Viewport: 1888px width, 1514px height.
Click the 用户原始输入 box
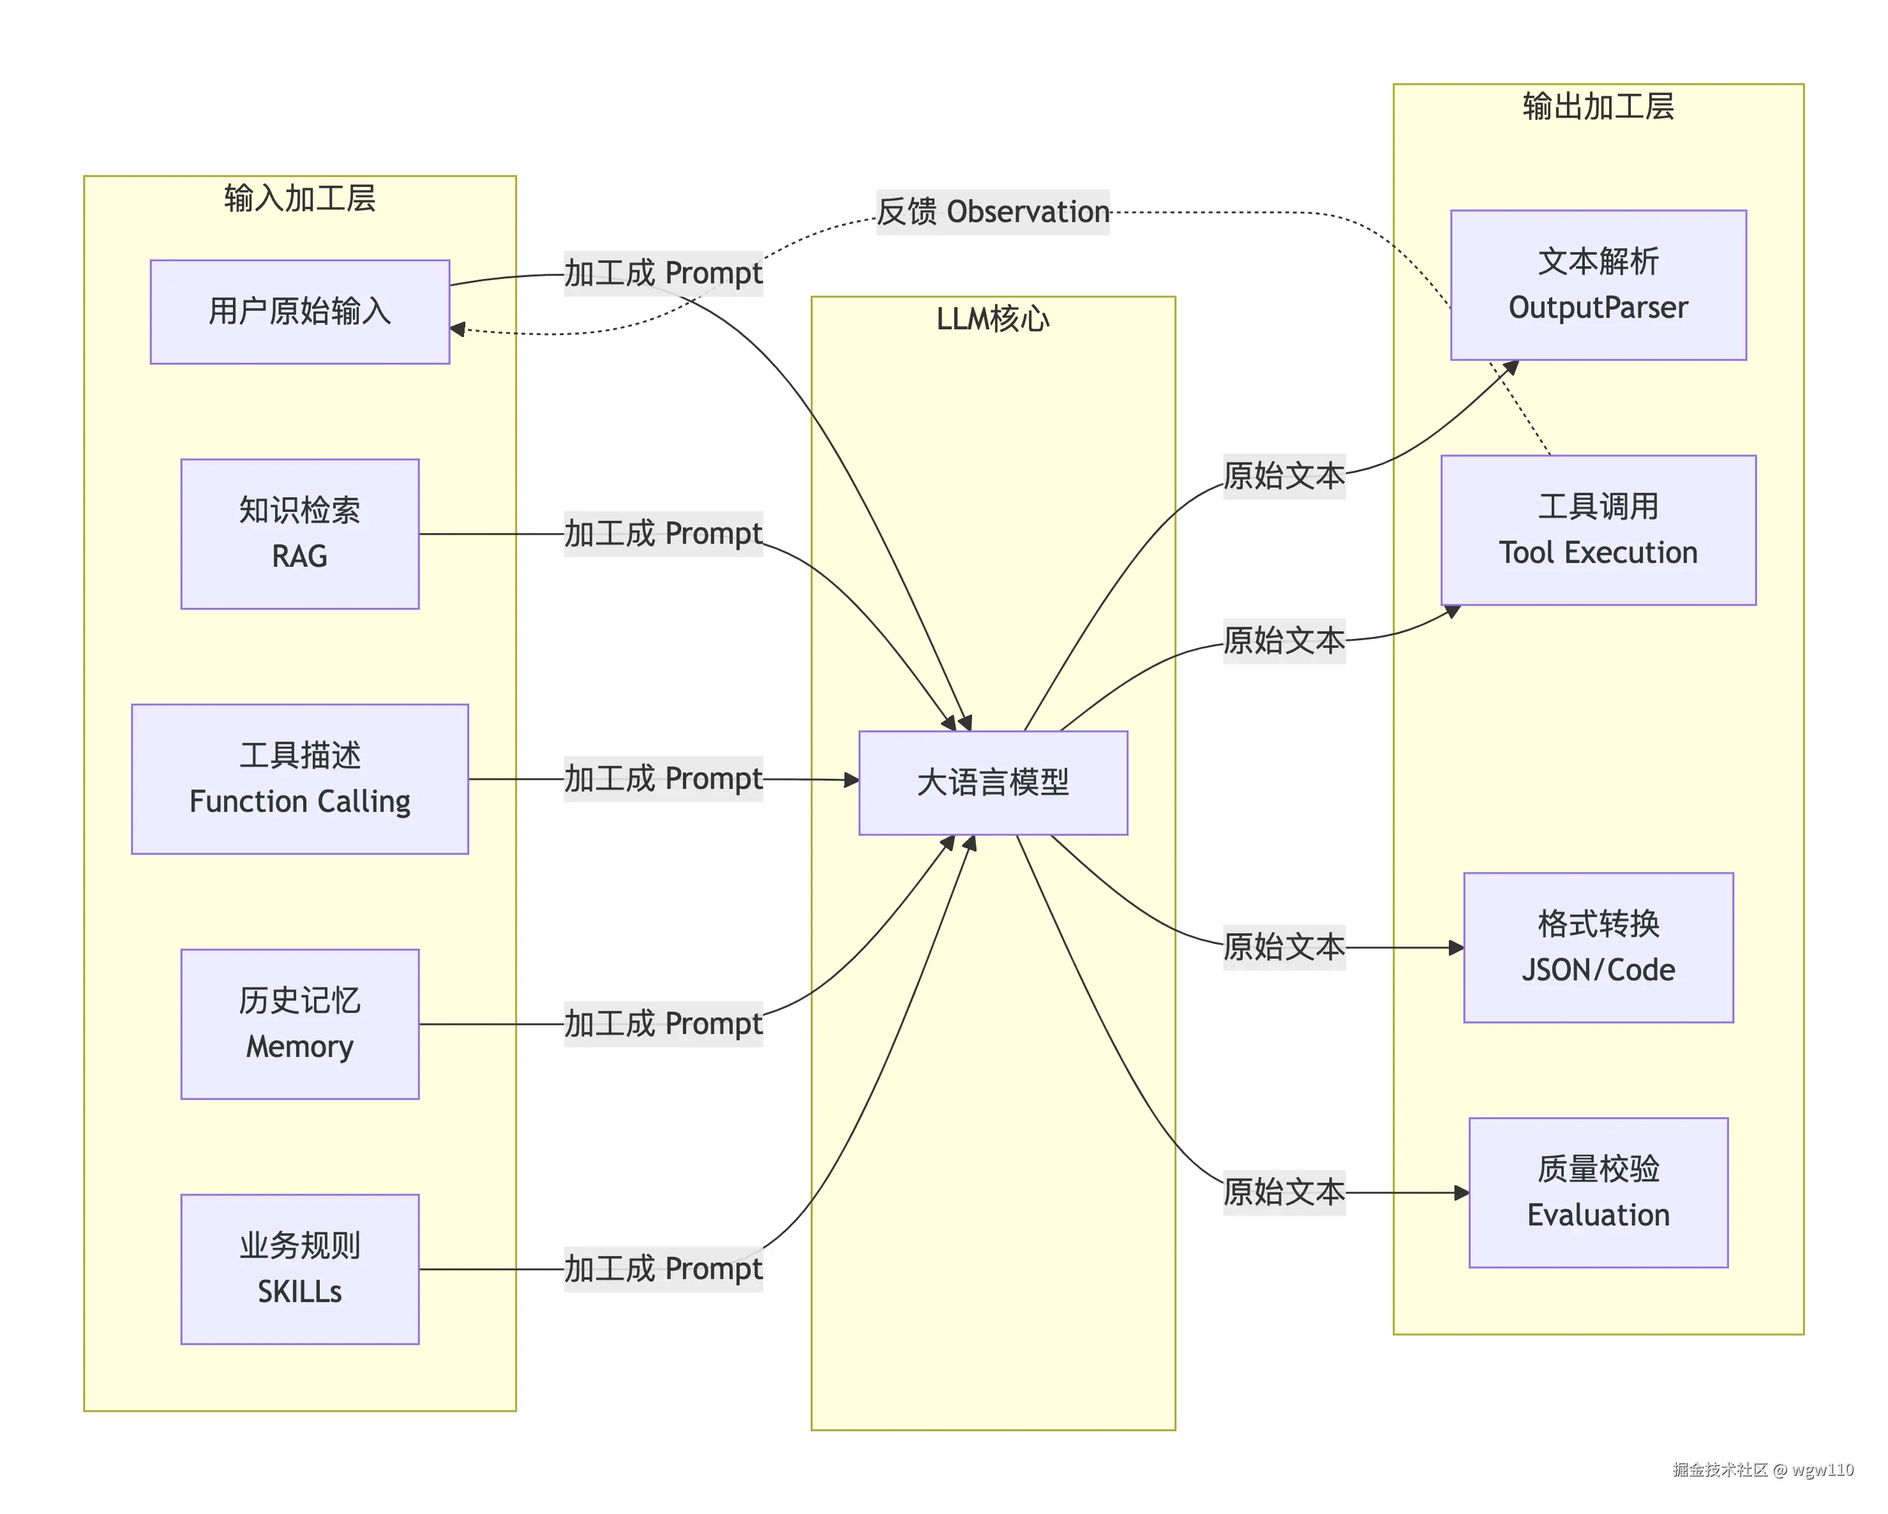299,311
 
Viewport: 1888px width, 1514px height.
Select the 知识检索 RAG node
299,533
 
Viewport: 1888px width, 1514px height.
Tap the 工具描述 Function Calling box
299,779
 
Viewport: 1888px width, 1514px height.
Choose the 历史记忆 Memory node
299,1024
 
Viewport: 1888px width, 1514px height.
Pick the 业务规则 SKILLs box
299,1269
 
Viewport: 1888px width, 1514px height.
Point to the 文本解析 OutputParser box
1598,285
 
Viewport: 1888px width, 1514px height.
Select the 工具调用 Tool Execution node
1598,530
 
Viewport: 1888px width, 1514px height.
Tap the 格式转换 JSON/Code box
1598,947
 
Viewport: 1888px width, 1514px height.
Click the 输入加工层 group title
299,199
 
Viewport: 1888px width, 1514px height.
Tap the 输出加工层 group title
1598,107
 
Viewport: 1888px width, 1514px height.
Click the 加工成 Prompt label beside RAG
663,533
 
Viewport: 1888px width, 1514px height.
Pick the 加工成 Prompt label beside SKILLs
663,1269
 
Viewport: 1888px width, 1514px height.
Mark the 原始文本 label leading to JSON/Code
1283,947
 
